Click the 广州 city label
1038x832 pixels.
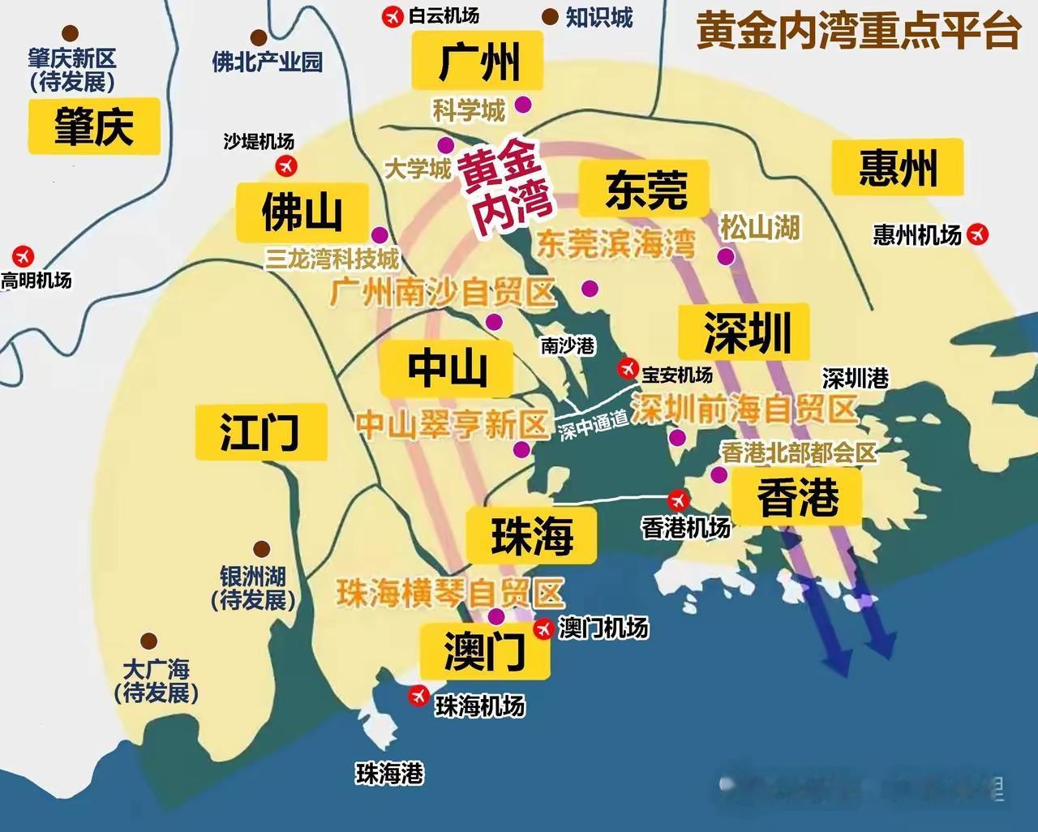[x=477, y=62]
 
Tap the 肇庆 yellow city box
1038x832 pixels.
[x=93, y=127]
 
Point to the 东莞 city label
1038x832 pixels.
[x=646, y=189]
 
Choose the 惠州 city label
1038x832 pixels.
[x=898, y=168]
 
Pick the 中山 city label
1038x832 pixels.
[x=447, y=369]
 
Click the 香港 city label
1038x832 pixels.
[x=797, y=497]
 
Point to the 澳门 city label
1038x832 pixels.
[x=485, y=651]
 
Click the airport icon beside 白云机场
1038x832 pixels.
[x=392, y=16]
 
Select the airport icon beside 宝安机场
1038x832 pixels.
[x=626, y=368]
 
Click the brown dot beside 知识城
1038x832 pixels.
[x=551, y=16]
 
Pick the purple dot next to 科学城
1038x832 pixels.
[x=523, y=105]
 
